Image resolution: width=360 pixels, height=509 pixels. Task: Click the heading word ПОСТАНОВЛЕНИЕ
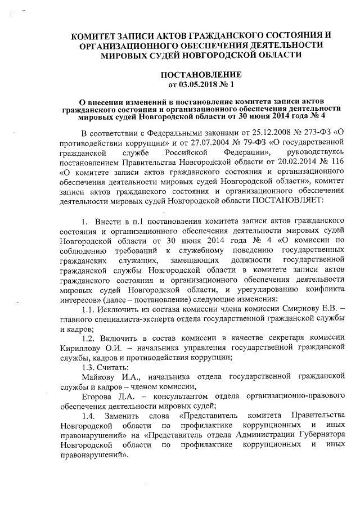[x=201, y=75]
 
